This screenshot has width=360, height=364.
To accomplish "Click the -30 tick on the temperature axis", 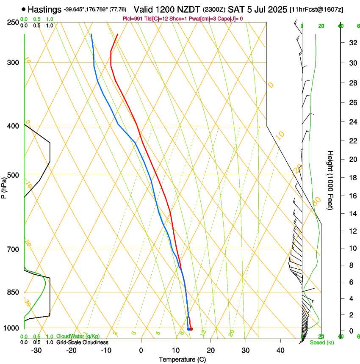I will [x=36, y=350].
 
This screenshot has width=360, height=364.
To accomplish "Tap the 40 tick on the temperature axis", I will [x=280, y=350].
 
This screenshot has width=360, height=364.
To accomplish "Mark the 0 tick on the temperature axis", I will [x=141, y=350].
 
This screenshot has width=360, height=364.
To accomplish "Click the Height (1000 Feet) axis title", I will [x=331, y=180].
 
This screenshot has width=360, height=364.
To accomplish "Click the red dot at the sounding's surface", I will [x=191, y=329].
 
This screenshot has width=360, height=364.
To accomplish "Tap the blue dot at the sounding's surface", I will [x=188, y=329].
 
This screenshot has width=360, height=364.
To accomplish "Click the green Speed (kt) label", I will [x=321, y=342].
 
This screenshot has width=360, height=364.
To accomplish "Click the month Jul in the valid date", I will [x=258, y=9].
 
